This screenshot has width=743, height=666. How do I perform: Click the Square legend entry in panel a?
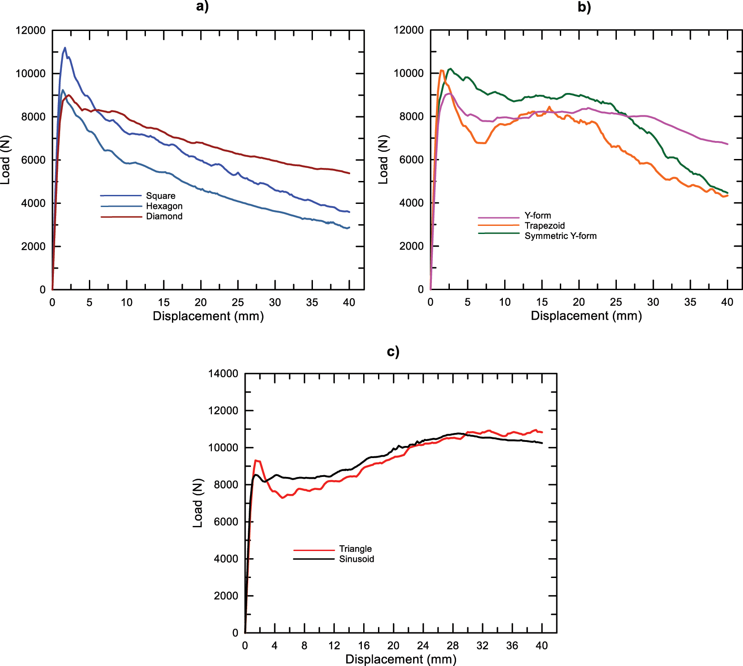point(160,196)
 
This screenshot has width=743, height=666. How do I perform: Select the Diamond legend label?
point(164,216)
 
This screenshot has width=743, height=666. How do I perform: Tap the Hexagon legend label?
point(164,206)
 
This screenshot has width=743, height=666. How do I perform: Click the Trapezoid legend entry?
point(544,225)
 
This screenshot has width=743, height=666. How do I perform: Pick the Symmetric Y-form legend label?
point(560,236)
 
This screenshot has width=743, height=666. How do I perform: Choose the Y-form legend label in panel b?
point(537,216)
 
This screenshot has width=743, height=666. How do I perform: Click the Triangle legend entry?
point(355,549)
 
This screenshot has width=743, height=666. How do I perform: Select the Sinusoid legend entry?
point(356,559)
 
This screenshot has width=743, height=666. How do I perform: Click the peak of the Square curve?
point(65,48)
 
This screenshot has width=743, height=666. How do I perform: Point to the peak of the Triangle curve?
point(256,460)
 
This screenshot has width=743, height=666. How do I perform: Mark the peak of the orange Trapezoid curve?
point(442,70)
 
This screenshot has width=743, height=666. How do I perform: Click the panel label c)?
point(393,352)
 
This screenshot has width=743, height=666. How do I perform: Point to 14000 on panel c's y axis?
point(223,374)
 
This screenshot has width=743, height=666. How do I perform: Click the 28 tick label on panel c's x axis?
point(453,646)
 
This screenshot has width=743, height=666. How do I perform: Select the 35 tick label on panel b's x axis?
point(690,302)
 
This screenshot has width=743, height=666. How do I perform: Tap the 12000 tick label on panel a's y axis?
point(31,31)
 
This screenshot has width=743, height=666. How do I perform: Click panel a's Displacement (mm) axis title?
point(208,316)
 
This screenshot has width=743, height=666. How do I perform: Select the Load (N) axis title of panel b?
point(383,160)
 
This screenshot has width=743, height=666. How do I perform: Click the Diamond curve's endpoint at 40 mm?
point(349,173)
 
